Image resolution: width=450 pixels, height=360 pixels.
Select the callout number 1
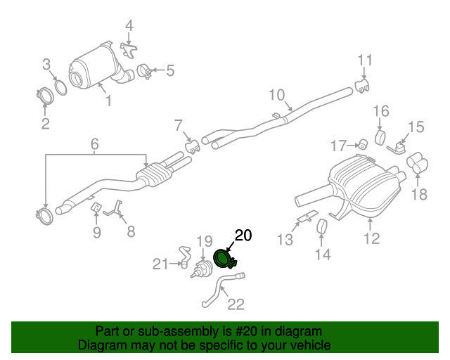108,102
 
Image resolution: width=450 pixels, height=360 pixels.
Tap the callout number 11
364,60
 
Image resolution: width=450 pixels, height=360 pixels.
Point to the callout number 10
276,95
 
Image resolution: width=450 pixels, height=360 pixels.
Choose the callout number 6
94,146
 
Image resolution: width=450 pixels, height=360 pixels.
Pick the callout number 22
236,304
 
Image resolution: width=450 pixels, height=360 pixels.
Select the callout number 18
419,194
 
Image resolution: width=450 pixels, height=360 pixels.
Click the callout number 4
129,27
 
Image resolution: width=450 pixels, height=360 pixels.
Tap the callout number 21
161,264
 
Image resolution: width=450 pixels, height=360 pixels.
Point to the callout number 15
416,127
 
